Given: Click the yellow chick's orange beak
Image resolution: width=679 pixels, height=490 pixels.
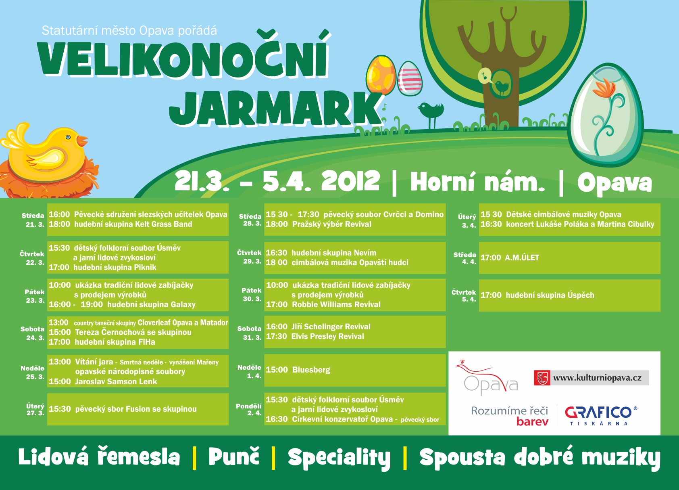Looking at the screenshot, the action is tap(81, 141).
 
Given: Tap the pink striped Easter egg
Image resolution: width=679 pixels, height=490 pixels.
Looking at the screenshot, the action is tap(410, 79).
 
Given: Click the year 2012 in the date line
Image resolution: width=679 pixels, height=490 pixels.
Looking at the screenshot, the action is tap(350, 181).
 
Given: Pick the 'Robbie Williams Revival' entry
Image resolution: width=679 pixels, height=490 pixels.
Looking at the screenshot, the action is tap(336, 304).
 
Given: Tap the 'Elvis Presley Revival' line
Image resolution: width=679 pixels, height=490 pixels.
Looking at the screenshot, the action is tap(327, 336).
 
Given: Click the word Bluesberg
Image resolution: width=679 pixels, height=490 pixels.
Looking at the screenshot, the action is tap(311, 370).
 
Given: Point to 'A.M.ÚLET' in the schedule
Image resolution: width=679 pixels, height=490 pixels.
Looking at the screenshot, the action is tap(522, 258).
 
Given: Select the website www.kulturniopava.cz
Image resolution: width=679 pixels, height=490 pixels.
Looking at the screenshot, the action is tap(597, 378).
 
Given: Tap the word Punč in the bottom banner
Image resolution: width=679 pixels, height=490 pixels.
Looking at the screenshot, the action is tap(234, 456).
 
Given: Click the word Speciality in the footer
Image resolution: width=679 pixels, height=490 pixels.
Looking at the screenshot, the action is tap(339, 458).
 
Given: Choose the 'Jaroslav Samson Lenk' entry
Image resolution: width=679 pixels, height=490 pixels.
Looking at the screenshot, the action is tap(116, 381).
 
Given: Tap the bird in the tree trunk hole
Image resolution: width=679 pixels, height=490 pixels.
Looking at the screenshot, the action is tap(501, 87).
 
